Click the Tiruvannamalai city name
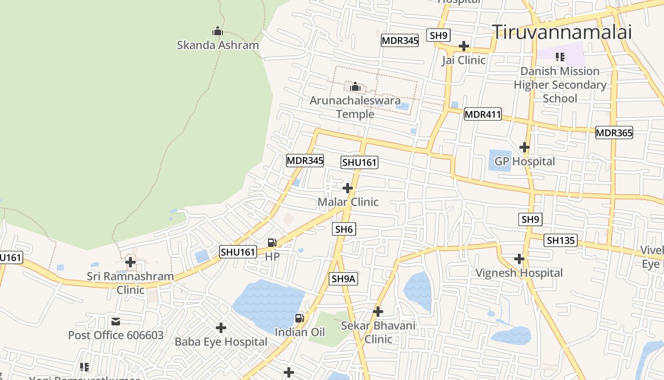[x=562, y=32]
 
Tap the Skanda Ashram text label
[x=218, y=45]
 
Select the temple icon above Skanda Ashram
[x=218, y=31]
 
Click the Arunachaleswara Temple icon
[x=355, y=86]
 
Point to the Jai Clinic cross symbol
[x=464, y=46]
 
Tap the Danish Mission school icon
[x=560, y=57]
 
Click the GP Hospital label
[x=525, y=161]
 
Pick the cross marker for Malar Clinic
[x=348, y=188]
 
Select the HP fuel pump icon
[x=272, y=243]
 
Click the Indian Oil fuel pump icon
[x=300, y=318]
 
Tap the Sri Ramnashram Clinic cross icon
[x=130, y=262]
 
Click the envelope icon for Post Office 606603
[x=116, y=322]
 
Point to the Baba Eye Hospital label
[x=221, y=342]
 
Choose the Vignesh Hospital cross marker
[x=519, y=259]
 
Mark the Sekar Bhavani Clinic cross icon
[x=378, y=312]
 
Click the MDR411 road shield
[x=482, y=114]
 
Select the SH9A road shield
[x=343, y=279]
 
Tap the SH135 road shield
[x=561, y=240]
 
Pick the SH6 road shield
[x=344, y=229]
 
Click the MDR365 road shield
[x=614, y=133]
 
